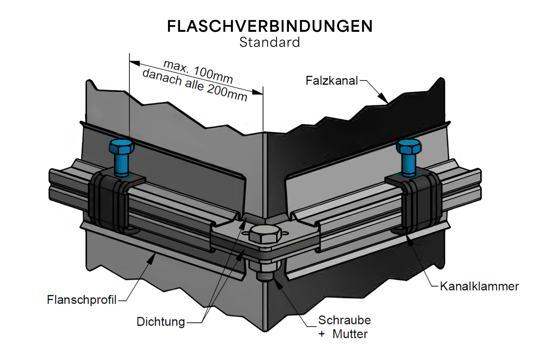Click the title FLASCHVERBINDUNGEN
[270, 26]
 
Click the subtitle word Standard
[270, 42]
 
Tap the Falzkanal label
[331, 81]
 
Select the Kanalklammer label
[479, 286]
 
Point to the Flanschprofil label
[82, 300]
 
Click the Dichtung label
[161, 322]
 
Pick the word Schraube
[344, 320]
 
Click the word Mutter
[350, 334]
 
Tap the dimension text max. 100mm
[198, 72]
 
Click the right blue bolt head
[409, 146]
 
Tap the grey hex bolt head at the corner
[265, 233]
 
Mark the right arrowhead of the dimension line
[258, 92]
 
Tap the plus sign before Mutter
[322, 334]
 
